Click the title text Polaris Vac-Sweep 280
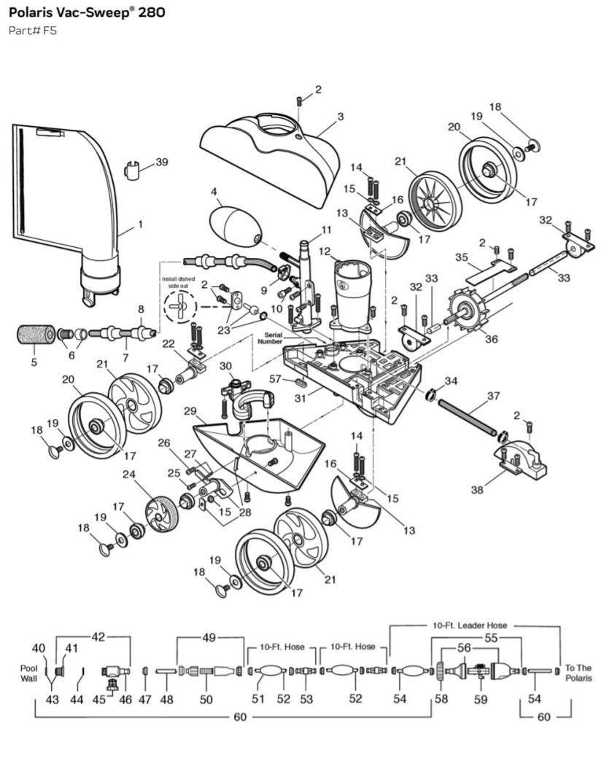click(x=87, y=12)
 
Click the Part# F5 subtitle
click(x=33, y=31)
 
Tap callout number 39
click(x=162, y=162)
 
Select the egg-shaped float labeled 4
click(x=236, y=226)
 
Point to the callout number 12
click(x=325, y=252)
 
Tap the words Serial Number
click(x=270, y=338)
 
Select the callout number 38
click(x=477, y=490)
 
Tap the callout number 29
click(x=190, y=412)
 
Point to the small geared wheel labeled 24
click(x=160, y=515)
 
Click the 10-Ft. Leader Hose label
click(x=470, y=625)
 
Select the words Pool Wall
click(x=28, y=673)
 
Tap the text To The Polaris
click(x=578, y=673)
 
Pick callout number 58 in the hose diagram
click(x=441, y=699)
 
